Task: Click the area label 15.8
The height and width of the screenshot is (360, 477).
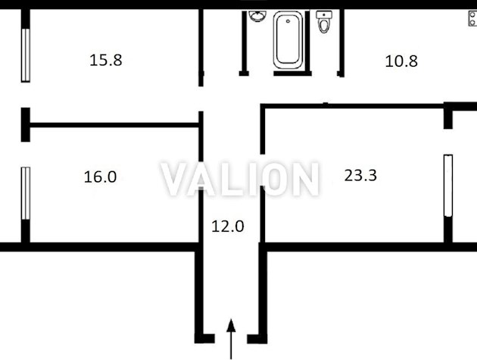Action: pyautogui.click(x=106, y=60)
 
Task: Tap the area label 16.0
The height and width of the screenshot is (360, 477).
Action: pyautogui.click(x=100, y=177)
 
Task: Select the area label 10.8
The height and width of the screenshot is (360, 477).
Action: pyautogui.click(x=401, y=61)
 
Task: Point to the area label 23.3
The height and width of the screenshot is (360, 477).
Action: pyautogui.click(x=360, y=175)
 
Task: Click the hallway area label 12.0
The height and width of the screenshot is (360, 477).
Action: pyautogui.click(x=228, y=227)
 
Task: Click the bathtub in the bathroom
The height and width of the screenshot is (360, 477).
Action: pyautogui.click(x=288, y=39)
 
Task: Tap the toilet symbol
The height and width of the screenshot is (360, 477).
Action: pyautogui.click(x=324, y=21)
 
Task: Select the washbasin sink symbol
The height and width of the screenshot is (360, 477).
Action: pyautogui.click(x=257, y=16)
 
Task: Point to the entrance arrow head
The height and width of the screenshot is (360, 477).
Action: pyautogui.click(x=231, y=324)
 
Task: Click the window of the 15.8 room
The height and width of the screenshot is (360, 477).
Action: pyautogui.click(x=26, y=55)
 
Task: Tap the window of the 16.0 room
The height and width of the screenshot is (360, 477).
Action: pyautogui.click(x=26, y=193)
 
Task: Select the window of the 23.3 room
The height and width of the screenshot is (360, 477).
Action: pyautogui.click(x=448, y=186)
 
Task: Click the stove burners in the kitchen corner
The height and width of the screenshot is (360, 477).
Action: pyautogui.click(x=472, y=18)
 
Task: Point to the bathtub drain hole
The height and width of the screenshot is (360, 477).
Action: pyautogui.click(x=288, y=21)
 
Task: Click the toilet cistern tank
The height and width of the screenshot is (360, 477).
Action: pyautogui.click(x=324, y=14)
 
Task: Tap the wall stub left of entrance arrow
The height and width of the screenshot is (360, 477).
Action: pyautogui.click(x=204, y=339)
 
